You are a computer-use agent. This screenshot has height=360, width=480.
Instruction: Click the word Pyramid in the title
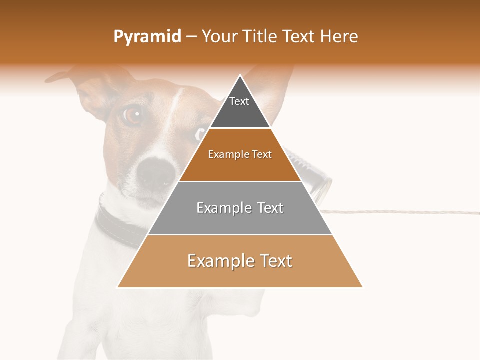click(x=147, y=37)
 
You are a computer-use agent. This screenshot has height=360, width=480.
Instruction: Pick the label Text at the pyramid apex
click(x=239, y=101)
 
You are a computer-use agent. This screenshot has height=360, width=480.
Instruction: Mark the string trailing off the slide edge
click(x=400, y=212)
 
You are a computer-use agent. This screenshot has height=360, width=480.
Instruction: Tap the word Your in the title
click(x=219, y=37)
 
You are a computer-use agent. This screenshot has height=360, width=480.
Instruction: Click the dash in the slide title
click(x=191, y=37)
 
